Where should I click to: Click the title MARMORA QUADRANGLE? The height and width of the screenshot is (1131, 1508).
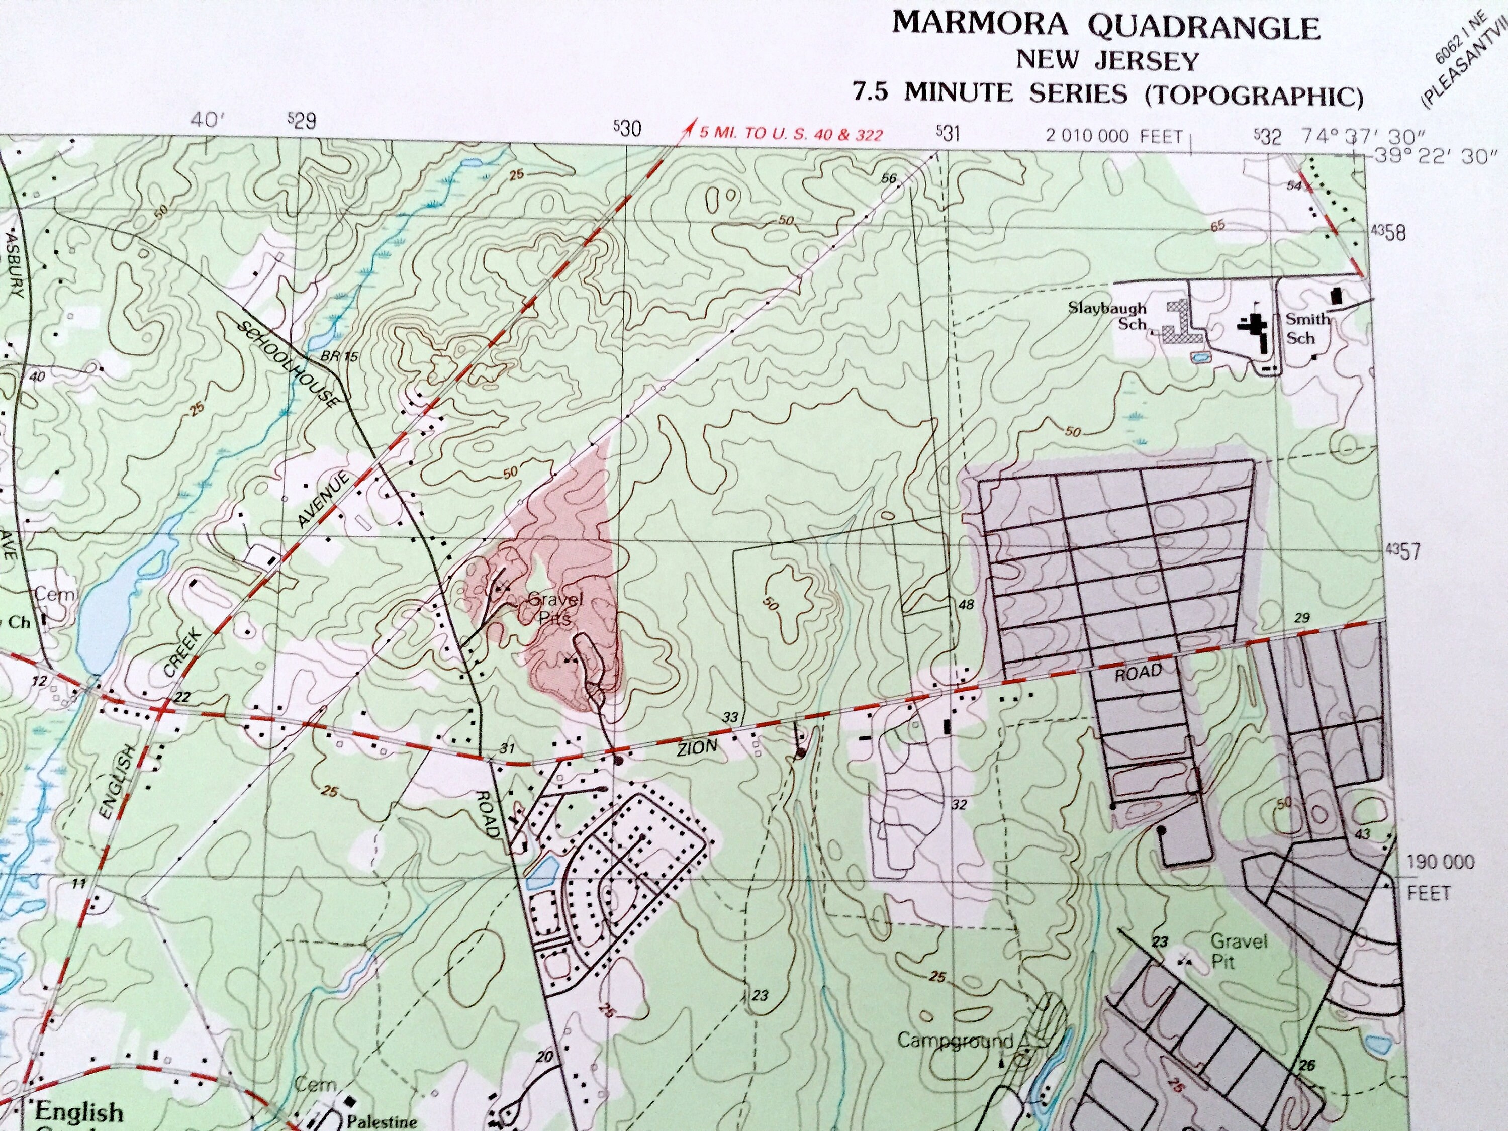(x=1106, y=26)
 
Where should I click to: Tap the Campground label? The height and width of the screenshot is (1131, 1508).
(x=955, y=1041)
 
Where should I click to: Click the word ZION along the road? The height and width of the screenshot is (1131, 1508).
(x=697, y=748)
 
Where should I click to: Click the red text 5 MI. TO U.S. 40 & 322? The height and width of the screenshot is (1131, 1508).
(x=791, y=134)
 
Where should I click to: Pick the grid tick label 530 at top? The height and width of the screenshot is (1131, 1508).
(x=627, y=128)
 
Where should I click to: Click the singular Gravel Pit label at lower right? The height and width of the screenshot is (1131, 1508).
(x=1238, y=951)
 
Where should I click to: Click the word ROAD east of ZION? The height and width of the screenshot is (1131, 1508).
(x=1138, y=672)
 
